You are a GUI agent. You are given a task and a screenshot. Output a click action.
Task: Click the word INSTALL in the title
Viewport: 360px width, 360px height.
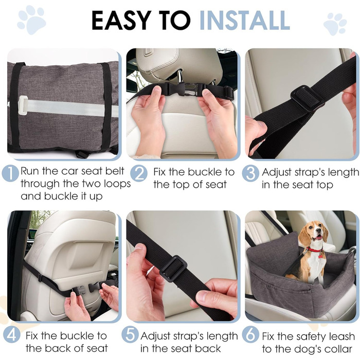tap(244, 20)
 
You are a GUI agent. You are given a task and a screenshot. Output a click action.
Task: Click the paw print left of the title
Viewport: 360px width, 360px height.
tap(31, 20)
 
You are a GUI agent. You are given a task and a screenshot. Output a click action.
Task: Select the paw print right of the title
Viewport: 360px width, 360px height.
tap(335, 24)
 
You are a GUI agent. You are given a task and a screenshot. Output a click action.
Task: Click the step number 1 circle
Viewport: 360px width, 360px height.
tap(11, 174)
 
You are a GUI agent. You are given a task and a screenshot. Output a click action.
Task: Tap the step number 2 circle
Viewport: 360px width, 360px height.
tap(139, 174)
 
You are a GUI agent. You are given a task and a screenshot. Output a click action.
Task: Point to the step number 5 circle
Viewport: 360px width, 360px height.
tap(130, 335)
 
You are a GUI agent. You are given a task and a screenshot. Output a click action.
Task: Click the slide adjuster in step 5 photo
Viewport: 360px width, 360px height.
tap(173, 268)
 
